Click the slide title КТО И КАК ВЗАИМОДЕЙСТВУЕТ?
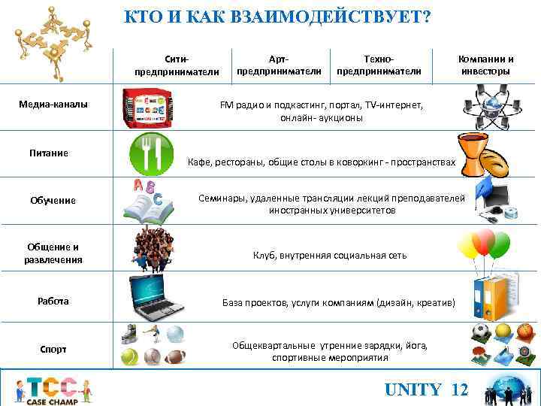[x=277, y=17]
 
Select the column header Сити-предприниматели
[x=177, y=65]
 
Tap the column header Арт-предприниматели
[x=279, y=65]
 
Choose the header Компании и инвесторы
[x=486, y=65]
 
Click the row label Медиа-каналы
[x=53, y=103]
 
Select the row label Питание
[x=49, y=153]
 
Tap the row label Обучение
[x=53, y=200]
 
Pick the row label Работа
[x=53, y=301]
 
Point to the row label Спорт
[x=53, y=349]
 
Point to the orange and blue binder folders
[x=489, y=298]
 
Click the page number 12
[x=460, y=389]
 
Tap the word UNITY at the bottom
[x=413, y=389]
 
